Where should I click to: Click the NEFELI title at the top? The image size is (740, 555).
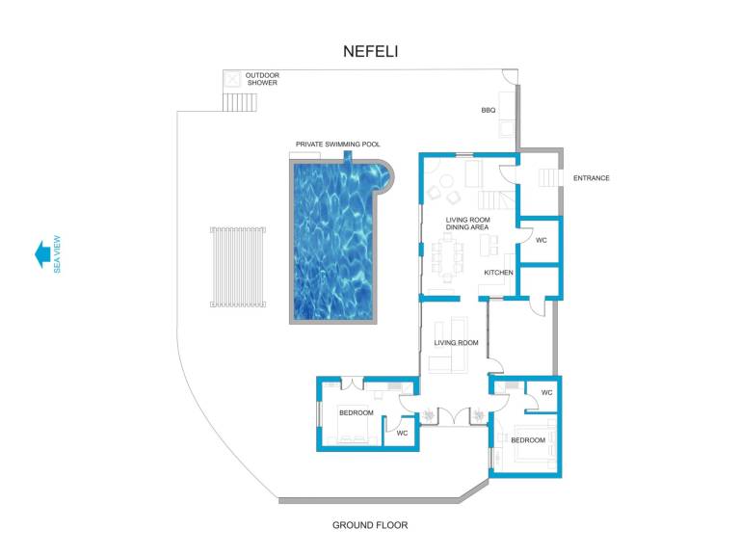point(370,51)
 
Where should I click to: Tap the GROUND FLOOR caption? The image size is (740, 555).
point(370,525)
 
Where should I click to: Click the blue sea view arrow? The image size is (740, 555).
point(42,254)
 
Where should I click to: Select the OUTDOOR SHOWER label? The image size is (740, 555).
point(262,79)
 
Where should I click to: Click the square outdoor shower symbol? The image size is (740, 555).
point(231,79)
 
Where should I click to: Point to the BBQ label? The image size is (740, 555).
point(489,110)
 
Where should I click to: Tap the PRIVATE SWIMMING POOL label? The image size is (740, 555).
point(338,144)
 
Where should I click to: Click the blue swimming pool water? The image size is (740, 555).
point(335,242)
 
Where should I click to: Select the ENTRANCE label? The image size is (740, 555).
point(592,178)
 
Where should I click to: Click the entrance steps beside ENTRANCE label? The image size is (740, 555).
point(548,178)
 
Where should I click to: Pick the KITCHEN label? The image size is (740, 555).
point(498,273)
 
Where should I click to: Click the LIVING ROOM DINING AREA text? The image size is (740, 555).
point(467,224)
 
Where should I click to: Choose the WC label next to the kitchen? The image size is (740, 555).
point(542,240)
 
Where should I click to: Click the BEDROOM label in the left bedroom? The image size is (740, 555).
point(357,413)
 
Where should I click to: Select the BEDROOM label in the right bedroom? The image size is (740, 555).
point(528,440)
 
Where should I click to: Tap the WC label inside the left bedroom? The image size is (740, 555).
point(402,433)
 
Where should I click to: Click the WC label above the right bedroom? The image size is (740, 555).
point(547,393)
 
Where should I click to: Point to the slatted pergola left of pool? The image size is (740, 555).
point(238,267)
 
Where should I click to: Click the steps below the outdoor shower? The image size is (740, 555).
point(240,102)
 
